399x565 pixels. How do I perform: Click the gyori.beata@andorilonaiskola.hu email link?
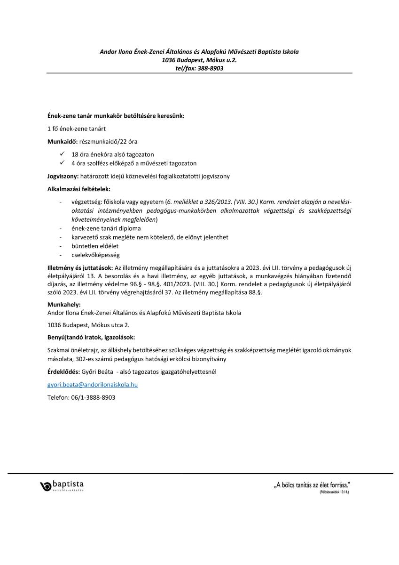[93, 385]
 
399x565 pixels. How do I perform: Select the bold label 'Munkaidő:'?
[62, 141]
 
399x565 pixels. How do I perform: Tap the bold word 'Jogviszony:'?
[64, 176]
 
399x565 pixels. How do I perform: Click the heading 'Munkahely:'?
[64, 305]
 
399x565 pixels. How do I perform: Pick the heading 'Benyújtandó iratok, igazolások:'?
[91, 338]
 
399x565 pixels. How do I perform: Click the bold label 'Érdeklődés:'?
[64, 372]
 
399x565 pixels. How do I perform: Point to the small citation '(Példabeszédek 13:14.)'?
[334, 492]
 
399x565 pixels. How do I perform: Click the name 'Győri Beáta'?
[98, 372]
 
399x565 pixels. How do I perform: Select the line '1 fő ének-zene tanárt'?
[77, 129]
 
